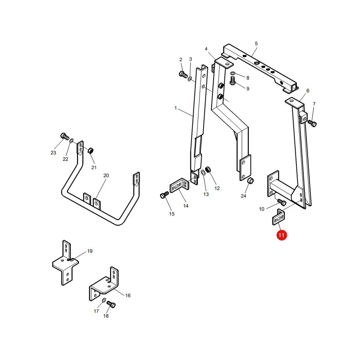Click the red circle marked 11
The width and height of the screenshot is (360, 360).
(282, 235)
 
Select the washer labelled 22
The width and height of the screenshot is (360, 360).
(72, 140)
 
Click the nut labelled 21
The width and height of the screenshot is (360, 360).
(91, 151)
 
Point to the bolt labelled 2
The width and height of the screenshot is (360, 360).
(183, 74)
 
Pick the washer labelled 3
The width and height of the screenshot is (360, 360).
(190, 79)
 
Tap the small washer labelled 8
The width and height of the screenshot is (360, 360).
(232, 73)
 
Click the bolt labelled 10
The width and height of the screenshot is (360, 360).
(282, 202)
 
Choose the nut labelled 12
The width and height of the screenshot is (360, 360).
(208, 170)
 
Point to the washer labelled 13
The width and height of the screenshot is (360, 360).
(204, 172)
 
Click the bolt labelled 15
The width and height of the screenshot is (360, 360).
(164, 195)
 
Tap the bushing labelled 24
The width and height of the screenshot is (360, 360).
(250, 180)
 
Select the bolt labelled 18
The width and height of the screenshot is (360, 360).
(111, 304)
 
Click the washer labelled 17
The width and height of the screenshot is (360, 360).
(104, 300)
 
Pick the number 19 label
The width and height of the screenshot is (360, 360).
(90, 251)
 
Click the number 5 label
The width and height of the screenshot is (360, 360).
(256, 43)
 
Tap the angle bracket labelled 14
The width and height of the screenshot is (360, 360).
(179, 186)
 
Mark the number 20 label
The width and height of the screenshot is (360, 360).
(106, 176)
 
